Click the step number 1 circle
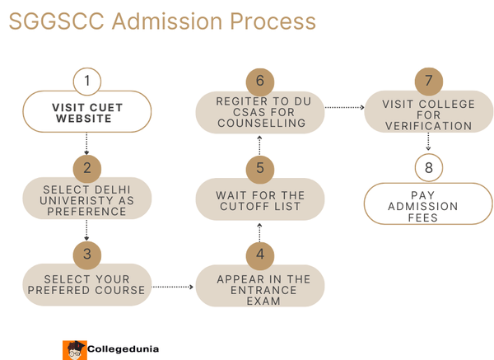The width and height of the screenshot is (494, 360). (x=86, y=82)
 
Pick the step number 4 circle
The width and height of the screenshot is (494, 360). (x=260, y=253)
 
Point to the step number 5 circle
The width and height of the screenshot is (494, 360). (x=260, y=168)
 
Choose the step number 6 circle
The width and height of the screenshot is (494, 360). (x=260, y=82)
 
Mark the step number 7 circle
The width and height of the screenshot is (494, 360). (x=428, y=82)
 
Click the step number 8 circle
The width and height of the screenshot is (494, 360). (x=428, y=168)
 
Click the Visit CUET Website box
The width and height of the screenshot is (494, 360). (x=86, y=112)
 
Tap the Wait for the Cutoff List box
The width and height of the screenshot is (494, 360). (x=260, y=200)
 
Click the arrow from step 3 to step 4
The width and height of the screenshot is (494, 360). (x=173, y=287)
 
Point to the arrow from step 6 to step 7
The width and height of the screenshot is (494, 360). (x=344, y=107)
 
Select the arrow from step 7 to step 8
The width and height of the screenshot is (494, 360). (x=428, y=143)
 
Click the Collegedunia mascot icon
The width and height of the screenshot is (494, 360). (x=74, y=349)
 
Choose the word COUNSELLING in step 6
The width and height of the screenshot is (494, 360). (x=260, y=124)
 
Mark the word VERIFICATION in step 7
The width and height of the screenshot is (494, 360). (x=428, y=126)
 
